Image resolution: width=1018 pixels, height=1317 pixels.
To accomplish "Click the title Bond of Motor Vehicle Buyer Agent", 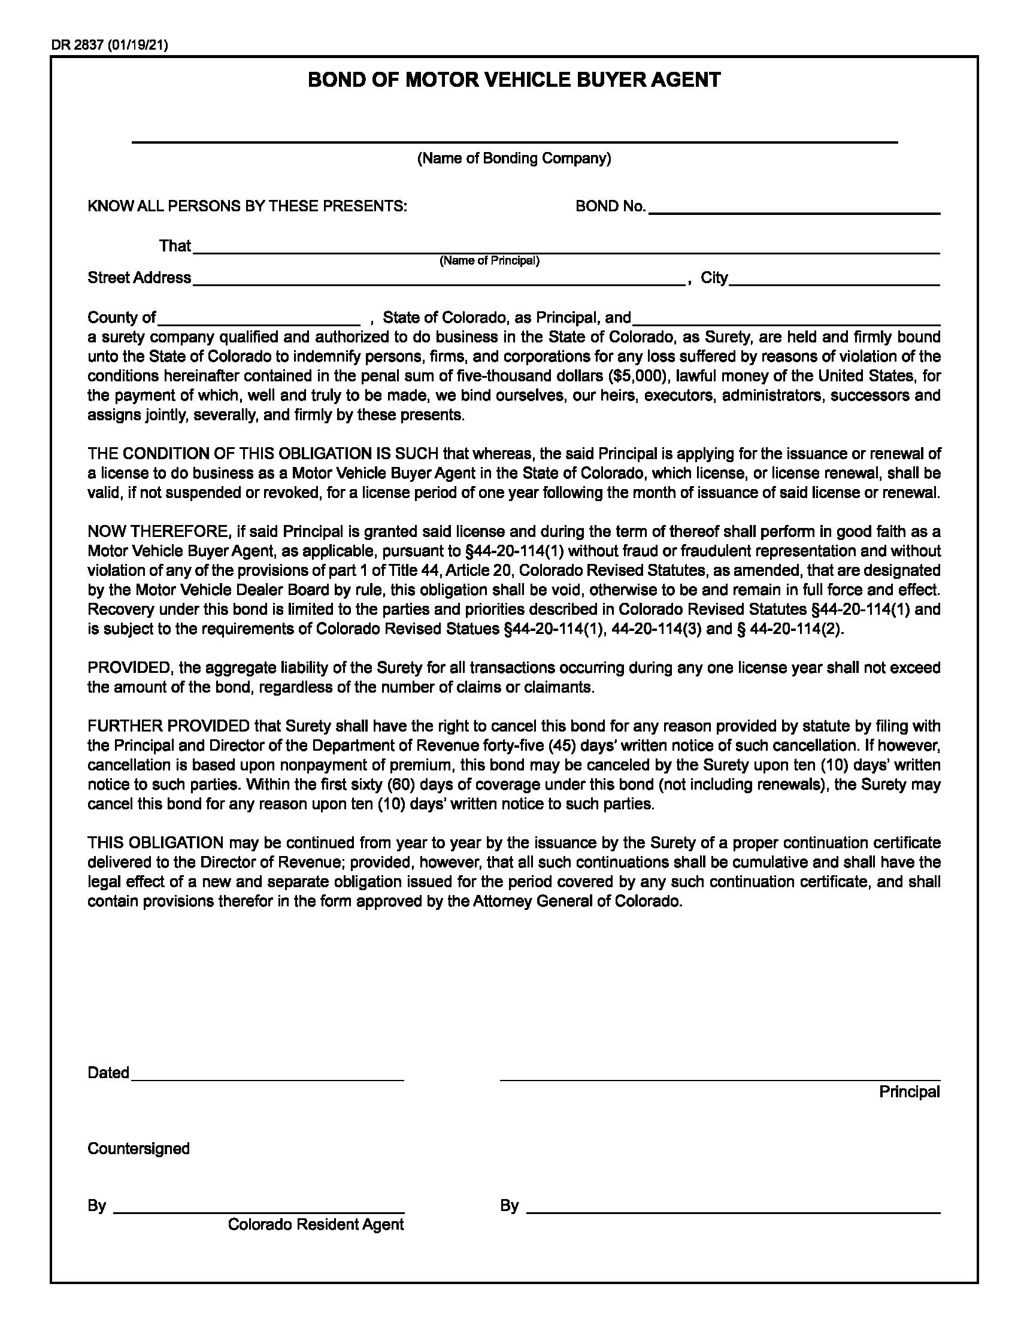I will (x=514, y=80).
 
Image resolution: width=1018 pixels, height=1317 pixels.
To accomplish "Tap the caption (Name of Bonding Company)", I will (x=514, y=159).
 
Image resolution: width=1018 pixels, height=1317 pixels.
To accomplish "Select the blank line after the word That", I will (x=566, y=248).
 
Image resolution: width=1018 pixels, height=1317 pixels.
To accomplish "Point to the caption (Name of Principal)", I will (x=489, y=260).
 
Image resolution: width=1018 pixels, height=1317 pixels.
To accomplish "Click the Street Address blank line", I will (x=438, y=280).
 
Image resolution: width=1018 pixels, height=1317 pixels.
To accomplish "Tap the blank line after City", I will (x=834, y=280).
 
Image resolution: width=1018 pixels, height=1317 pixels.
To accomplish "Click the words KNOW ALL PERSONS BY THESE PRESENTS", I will (x=247, y=207).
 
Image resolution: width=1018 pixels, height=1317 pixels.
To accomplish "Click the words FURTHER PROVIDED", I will (x=168, y=727).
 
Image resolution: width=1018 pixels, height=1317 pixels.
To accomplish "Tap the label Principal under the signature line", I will (x=909, y=1092).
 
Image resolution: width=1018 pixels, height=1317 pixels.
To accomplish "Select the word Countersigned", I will (x=139, y=1149).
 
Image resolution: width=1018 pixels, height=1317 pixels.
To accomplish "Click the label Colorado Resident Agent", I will (x=316, y=1225).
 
